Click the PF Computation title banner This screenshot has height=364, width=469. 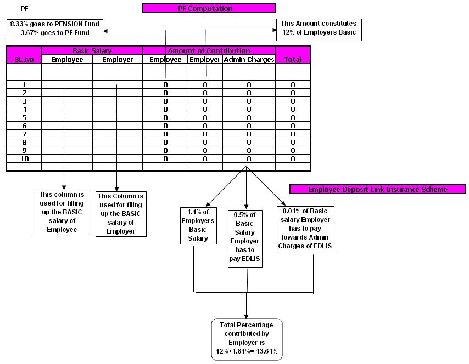[x=208, y=8]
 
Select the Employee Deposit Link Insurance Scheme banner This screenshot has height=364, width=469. [x=377, y=189]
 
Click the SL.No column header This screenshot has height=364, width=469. [x=24, y=59]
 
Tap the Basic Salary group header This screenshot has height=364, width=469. [x=92, y=50]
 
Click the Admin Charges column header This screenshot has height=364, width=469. [x=248, y=59]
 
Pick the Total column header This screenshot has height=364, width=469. [x=293, y=59]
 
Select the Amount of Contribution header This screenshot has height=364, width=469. [x=209, y=50]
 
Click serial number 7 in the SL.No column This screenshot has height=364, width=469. [x=24, y=134]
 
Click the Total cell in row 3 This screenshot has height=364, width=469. [x=293, y=101]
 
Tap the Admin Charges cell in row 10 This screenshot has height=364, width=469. [x=248, y=158]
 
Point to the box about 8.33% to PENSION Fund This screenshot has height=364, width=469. [x=54, y=29]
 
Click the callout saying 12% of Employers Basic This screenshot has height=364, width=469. [x=319, y=28]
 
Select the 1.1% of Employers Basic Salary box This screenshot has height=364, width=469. [x=198, y=225]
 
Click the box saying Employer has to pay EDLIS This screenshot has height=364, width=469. [x=245, y=238]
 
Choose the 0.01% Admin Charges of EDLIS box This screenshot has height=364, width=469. [x=306, y=229]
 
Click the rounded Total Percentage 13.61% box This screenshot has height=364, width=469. [x=247, y=338]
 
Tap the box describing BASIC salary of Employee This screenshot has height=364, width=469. [x=62, y=212]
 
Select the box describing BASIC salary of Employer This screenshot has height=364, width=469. [x=121, y=213]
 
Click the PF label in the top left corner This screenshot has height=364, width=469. [x=24, y=9]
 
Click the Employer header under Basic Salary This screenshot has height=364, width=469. [x=118, y=59]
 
